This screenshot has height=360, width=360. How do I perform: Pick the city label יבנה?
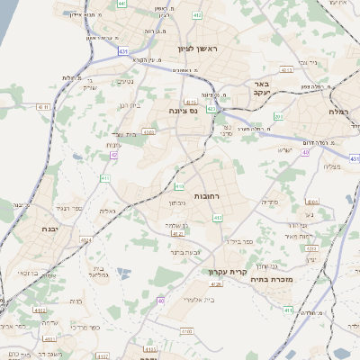[x=25, y=229]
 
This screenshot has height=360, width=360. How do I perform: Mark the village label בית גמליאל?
[x=99, y=271]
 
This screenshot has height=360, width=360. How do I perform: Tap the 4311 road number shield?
[x=43, y=107]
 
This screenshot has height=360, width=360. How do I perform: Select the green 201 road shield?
[x=278, y=117]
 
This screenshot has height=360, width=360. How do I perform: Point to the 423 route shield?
[x=211, y=109]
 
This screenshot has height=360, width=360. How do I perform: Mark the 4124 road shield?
[x=86, y=240]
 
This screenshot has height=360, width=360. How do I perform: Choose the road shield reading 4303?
[x=148, y=132]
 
